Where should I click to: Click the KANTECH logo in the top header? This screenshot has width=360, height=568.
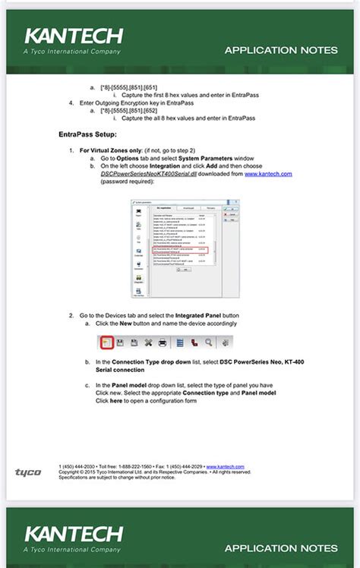point(73,36)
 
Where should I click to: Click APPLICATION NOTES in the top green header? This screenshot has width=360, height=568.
point(281,50)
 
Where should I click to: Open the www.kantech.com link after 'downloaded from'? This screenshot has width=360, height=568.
point(268,174)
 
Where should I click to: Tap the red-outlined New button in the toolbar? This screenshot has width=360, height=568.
point(106,342)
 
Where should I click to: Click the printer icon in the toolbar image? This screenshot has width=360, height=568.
point(163,342)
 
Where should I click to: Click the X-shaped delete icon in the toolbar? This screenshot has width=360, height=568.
point(149,342)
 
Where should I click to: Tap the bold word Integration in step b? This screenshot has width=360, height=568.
point(165,166)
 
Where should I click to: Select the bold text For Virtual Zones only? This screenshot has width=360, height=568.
point(112,150)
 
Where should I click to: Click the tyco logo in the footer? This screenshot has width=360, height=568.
point(28,472)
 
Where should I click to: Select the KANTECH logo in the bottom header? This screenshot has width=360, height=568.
point(73,534)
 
